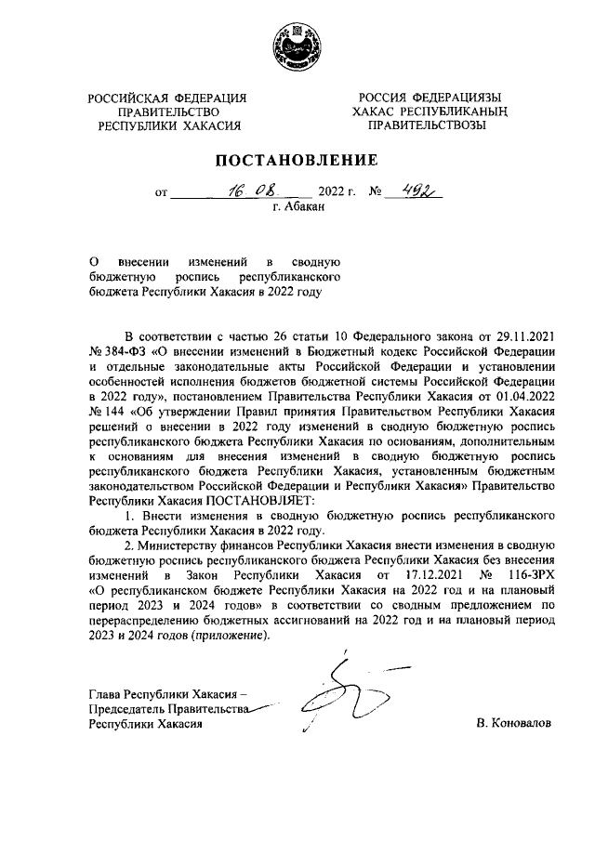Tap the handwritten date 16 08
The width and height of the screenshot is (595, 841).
click(245, 192)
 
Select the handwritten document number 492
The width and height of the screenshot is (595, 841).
click(413, 192)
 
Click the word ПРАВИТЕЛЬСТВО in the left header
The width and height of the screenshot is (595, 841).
click(168, 112)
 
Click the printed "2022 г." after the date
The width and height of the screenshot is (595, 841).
click(337, 193)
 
